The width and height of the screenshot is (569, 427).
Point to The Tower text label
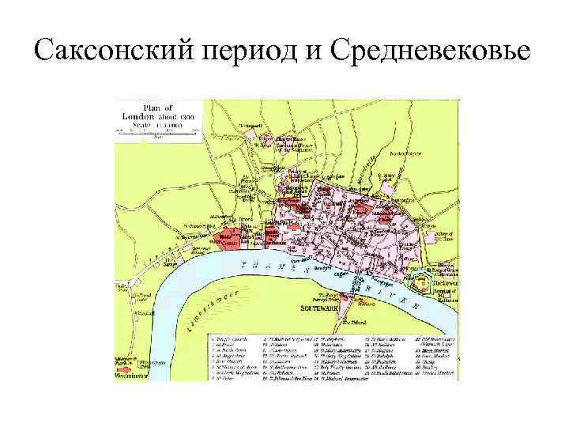point(443,281)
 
